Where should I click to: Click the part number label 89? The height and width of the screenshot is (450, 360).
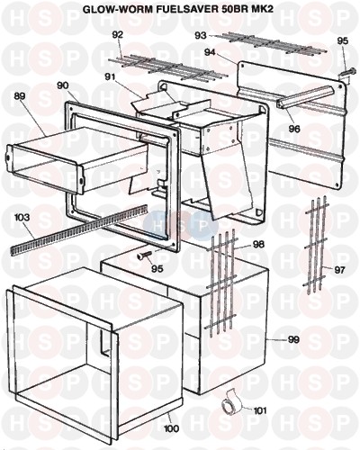pos(20,96)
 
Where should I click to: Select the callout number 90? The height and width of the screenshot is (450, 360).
pos(63,85)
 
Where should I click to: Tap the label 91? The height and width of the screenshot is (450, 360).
pos(110,76)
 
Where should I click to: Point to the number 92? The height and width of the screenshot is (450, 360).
pos(117,35)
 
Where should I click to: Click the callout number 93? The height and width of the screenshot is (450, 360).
pos(201,36)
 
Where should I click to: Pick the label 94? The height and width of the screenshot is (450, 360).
pos(210,52)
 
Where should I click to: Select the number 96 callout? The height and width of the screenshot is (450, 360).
pos(294,129)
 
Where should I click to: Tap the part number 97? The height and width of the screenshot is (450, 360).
pos(339,270)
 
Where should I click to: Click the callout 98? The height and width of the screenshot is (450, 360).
pos(258,244)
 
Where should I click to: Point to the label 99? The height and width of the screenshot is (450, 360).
pos(293,339)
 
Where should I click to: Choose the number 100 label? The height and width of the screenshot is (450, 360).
pos(172,428)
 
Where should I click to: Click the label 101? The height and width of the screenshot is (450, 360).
pos(260,410)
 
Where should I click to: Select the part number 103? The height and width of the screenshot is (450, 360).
pos(22,217)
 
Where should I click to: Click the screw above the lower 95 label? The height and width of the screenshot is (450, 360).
pos(145,255)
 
